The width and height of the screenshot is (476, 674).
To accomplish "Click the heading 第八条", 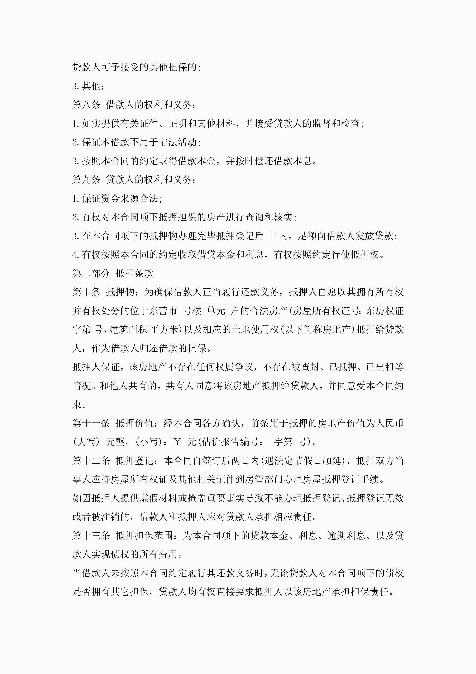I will click(86, 105).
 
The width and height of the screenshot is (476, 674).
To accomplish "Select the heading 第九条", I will click(86, 180).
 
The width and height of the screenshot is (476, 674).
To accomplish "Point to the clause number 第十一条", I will click(91, 423).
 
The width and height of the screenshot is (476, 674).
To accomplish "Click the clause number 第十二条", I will click(91, 461).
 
